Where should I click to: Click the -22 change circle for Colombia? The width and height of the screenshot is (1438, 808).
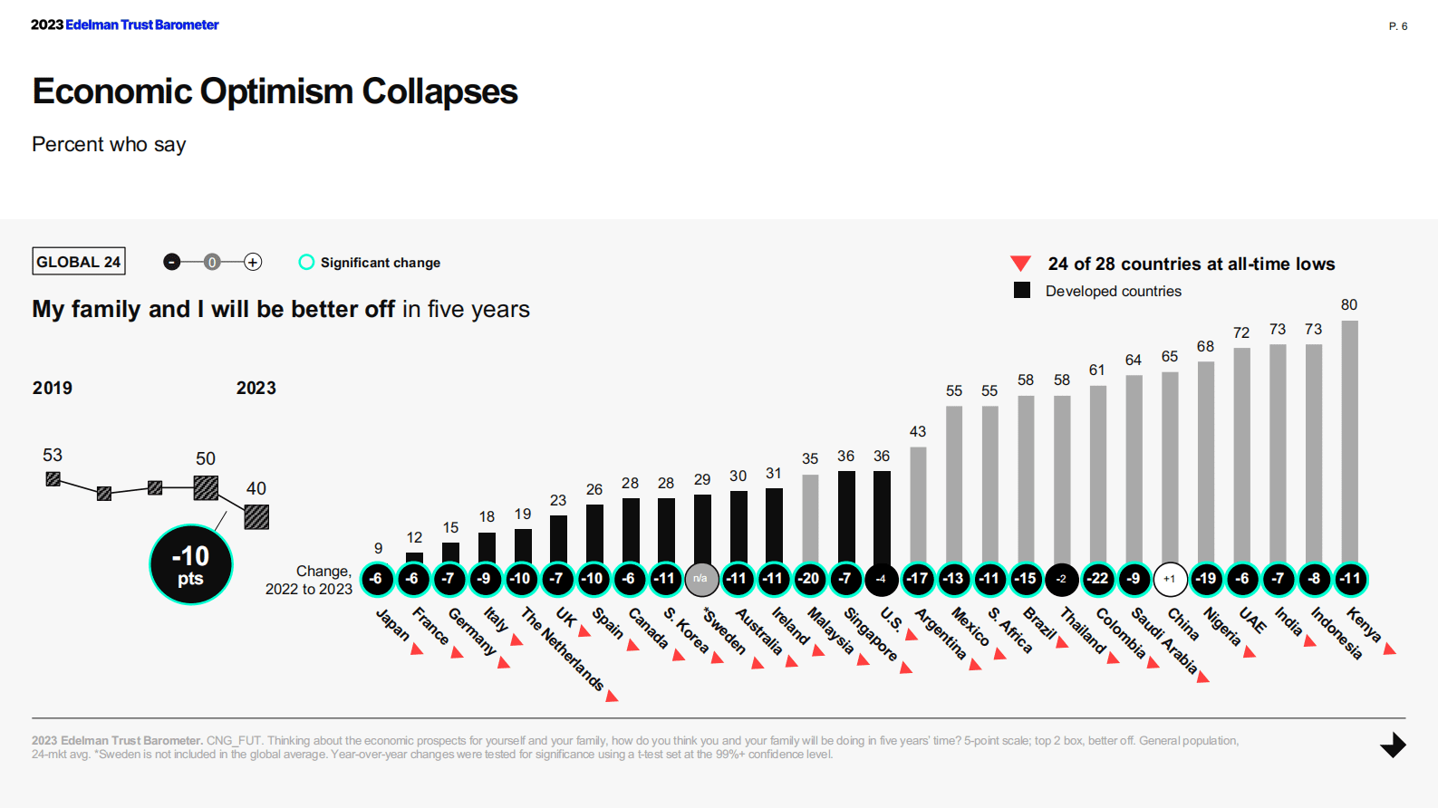click(x=1098, y=579)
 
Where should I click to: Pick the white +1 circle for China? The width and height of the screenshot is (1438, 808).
click(x=1170, y=579)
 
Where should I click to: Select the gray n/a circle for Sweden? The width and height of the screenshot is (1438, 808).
click(x=701, y=579)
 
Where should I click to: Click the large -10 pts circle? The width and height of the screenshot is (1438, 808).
click(x=190, y=564)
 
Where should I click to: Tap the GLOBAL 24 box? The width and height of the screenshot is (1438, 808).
click(x=78, y=262)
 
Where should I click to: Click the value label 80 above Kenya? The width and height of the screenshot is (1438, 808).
click(x=1349, y=305)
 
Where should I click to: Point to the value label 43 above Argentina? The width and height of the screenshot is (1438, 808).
click(x=917, y=431)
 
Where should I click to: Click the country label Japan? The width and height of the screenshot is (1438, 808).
click(x=392, y=624)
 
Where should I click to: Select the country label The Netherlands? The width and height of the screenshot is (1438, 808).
click(x=563, y=649)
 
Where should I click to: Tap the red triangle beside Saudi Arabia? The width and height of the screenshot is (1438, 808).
click(x=1203, y=677)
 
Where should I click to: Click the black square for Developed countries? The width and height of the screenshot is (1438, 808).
click(x=1022, y=290)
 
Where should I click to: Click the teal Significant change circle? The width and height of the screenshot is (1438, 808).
click(x=306, y=262)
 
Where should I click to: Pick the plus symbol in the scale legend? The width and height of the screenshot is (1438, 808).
click(x=253, y=262)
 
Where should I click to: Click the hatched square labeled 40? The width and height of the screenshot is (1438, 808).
click(x=256, y=516)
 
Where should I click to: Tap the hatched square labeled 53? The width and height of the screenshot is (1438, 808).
click(x=53, y=479)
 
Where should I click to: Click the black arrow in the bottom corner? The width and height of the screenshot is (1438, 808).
click(x=1393, y=745)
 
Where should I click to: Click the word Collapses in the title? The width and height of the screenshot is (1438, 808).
click(x=439, y=91)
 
